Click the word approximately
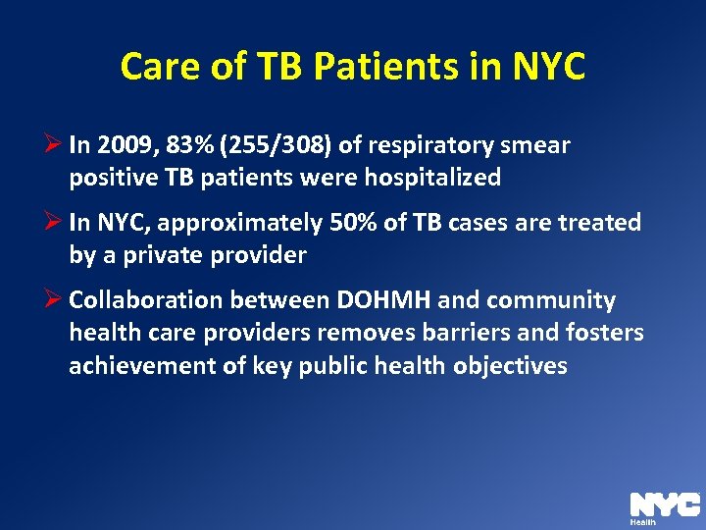[239, 223]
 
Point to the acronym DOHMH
[377, 300]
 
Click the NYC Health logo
[664, 504]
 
